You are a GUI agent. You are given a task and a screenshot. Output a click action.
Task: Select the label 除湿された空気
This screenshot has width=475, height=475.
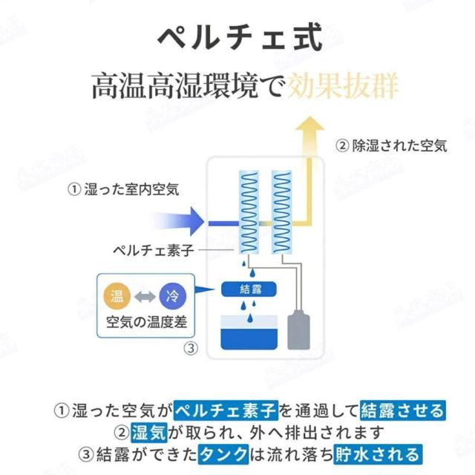391,146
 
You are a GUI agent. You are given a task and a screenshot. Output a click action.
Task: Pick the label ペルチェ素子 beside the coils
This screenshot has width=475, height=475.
152,251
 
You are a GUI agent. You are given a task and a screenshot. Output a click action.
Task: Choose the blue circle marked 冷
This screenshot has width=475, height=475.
173,297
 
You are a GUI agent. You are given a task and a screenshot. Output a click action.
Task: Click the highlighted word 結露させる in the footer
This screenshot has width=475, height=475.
402,410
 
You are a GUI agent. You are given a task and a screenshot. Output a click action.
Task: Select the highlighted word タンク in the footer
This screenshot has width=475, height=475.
223,453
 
